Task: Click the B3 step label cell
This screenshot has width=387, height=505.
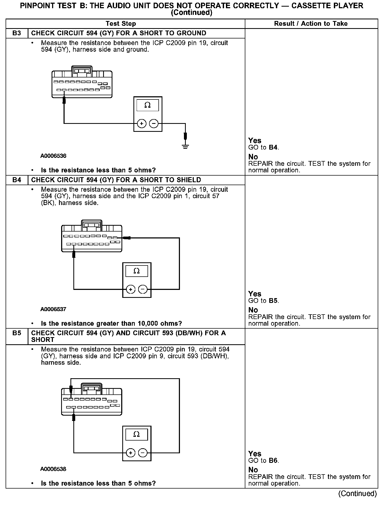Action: tap(17, 33)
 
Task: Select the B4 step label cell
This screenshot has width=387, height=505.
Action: tap(17, 180)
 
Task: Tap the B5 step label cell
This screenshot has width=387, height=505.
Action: tap(17, 333)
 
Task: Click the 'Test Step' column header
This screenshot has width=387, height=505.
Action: tap(121, 24)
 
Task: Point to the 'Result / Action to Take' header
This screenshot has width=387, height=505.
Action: tap(311, 24)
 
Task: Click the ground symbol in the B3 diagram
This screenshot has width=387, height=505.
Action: tap(186, 146)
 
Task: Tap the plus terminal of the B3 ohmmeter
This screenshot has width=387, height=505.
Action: tap(142, 124)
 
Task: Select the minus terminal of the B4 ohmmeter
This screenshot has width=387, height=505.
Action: tap(143, 289)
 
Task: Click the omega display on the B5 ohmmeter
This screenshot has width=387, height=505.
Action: tap(136, 434)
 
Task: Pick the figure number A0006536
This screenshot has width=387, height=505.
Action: tap(53, 156)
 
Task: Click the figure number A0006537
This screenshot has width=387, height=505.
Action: tap(53, 309)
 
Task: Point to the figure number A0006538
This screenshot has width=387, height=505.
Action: tap(53, 469)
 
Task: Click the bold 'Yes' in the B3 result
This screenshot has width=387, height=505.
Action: tap(255, 141)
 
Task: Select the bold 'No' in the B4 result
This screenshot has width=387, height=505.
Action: tap(253, 310)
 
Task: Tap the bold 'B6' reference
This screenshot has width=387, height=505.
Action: tap(273, 461)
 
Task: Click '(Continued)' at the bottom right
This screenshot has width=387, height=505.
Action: tap(357, 494)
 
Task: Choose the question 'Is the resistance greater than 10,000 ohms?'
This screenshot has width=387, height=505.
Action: tap(111, 324)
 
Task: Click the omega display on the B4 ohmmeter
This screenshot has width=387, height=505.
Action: tap(136, 271)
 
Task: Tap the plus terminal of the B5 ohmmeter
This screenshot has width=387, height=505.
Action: tap(131, 453)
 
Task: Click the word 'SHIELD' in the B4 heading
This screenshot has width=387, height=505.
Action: tap(187, 180)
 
